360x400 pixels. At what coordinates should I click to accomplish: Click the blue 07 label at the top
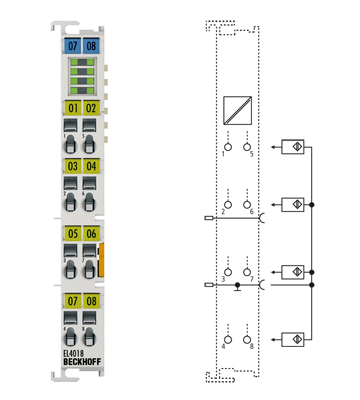pos(71,45)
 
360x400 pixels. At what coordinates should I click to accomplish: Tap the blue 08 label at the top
pos(91,45)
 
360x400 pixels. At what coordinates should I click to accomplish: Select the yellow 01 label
pos(71,107)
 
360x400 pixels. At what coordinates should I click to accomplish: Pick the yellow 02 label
pos(91,107)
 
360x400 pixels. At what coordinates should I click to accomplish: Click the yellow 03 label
pos(71,165)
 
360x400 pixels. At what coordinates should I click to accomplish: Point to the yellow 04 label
pos(91,165)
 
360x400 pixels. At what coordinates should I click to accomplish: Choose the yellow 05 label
pos(71,234)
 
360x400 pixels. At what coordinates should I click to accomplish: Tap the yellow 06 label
pos(91,234)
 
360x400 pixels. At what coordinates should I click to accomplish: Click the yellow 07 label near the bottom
pos(71,300)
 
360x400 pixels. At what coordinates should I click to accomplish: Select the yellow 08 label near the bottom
pos(91,300)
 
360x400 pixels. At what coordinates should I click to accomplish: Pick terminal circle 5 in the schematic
pos(249,147)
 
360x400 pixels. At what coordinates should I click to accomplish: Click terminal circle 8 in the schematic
pos(249,339)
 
